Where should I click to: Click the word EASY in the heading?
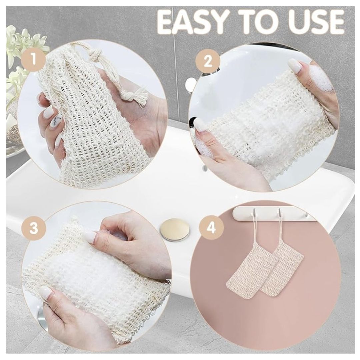coord(194,23)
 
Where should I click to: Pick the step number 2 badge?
coord(208,62)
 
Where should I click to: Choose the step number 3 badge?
coord(34,228)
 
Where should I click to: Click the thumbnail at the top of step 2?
coord(295,65)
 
